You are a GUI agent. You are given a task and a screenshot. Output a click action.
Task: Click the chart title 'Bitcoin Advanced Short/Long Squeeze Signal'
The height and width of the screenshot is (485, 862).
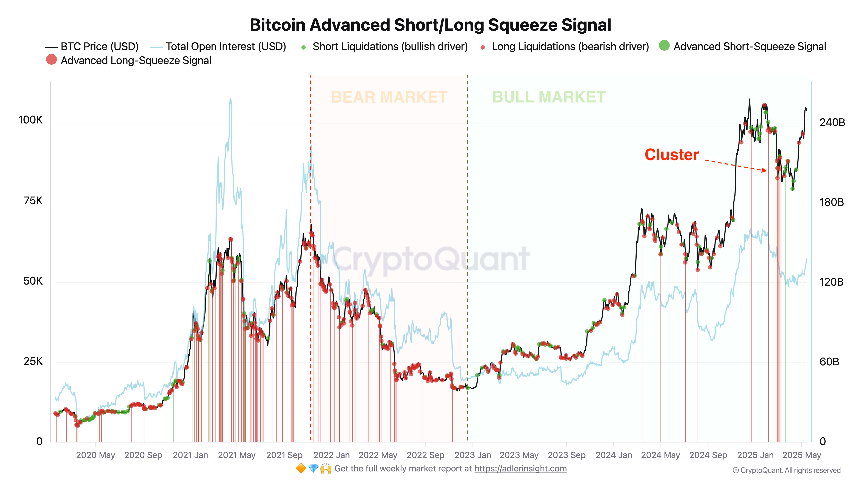click(x=430, y=25)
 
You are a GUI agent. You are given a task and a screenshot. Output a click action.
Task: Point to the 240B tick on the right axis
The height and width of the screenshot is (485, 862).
click(x=832, y=122)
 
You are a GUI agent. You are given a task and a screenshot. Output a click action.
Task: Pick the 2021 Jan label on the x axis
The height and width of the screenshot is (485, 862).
click(x=190, y=455)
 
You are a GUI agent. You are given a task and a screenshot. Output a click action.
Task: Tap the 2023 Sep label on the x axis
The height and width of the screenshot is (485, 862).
click(x=567, y=455)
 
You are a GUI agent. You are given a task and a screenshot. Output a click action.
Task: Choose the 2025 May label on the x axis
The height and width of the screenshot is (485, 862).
click(x=802, y=455)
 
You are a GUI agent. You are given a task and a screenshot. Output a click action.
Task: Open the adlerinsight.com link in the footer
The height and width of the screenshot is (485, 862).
click(x=520, y=469)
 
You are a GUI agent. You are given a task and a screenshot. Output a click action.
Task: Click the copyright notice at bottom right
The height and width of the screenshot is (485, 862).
click(x=786, y=471)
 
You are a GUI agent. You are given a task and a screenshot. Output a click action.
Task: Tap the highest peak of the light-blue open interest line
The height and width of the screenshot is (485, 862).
click(x=230, y=99)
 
